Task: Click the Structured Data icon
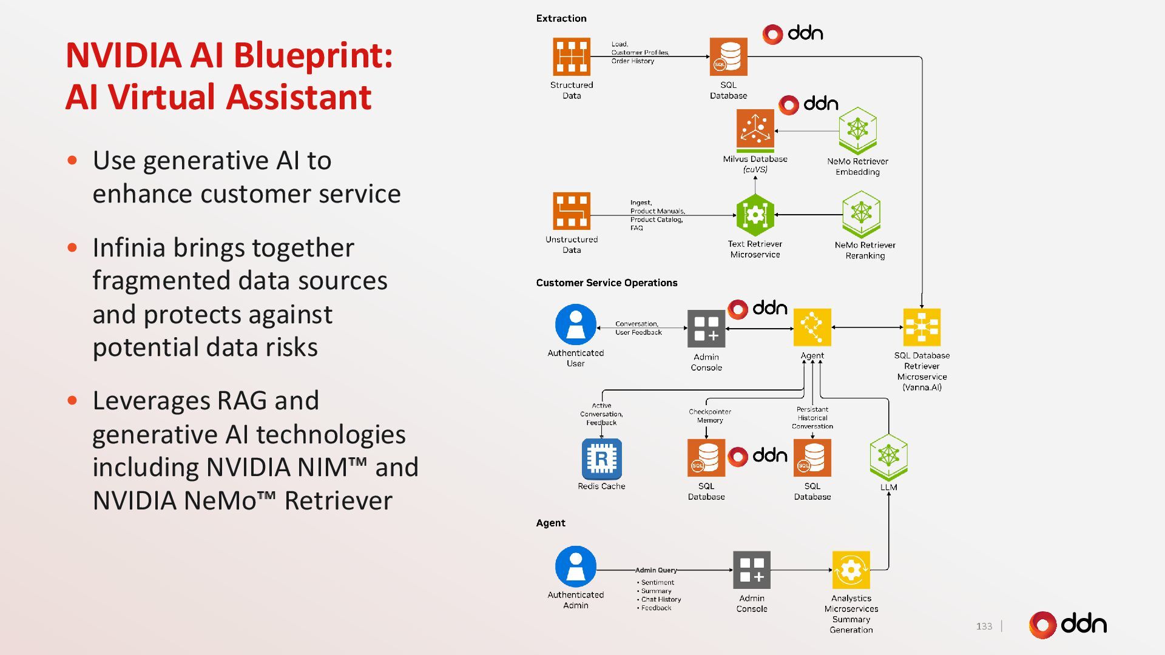coord(571,56)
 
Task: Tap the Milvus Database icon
coord(755,129)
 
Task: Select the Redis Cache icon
coord(601,459)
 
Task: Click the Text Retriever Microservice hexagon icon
coord(755,215)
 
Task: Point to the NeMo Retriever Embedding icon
coord(857,130)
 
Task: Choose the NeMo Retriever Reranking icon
coord(861,213)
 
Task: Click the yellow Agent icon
coord(812,327)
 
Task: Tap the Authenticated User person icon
coord(575,324)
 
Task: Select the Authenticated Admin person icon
coord(575,566)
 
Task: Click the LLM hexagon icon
coord(888,457)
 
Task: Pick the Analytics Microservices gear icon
coord(851,569)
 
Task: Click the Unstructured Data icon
coord(571,211)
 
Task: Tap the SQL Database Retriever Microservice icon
coord(922,327)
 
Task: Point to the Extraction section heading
coord(561,18)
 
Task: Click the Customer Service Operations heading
coord(606,283)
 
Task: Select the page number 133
coord(984,626)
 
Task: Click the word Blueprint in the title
coord(313,55)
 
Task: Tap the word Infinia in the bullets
coord(129,247)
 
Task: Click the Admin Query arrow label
coord(656,570)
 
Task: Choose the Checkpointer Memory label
coord(710,416)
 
